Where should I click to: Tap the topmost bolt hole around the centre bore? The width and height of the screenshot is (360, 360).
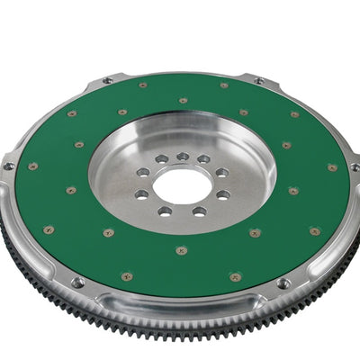pyautogui.click(x=183, y=157)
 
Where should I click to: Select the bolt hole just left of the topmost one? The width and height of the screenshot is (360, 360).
pyautogui.click(x=162, y=159)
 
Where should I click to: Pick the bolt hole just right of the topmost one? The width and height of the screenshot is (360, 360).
pyautogui.click(x=203, y=159)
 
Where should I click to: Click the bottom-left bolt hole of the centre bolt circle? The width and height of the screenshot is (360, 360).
pyautogui.click(x=165, y=211)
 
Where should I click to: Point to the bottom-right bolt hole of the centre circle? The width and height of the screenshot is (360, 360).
pyautogui.click(x=200, y=211)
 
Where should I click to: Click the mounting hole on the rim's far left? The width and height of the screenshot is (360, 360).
pyautogui.click(x=9, y=166)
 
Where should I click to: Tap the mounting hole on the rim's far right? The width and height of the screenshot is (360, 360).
pyautogui.click(x=355, y=167)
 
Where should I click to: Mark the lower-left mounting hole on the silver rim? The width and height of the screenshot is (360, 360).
pyautogui.click(x=77, y=282)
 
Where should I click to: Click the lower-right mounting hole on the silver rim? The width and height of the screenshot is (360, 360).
pyautogui.click(x=283, y=283)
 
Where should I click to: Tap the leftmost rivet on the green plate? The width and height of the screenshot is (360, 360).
pyautogui.click(x=33, y=166)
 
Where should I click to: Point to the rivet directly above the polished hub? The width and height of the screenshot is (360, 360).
pyautogui.click(x=183, y=100)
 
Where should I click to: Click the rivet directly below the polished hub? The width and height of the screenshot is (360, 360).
pyautogui.click(x=182, y=249)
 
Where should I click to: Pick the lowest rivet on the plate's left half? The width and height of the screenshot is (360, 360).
pyautogui.click(x=128, y=277)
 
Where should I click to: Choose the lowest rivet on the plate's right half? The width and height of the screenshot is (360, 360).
pyautogui.click(x=235, y=277)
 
